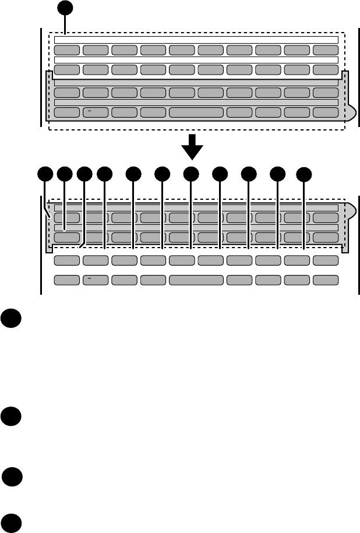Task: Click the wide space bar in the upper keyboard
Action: [196, 112]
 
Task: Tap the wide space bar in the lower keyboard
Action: [196, 280]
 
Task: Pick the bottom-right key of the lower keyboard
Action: [326, 280]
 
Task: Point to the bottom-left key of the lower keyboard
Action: [67, 280]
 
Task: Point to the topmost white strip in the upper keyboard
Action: [196, 40]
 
